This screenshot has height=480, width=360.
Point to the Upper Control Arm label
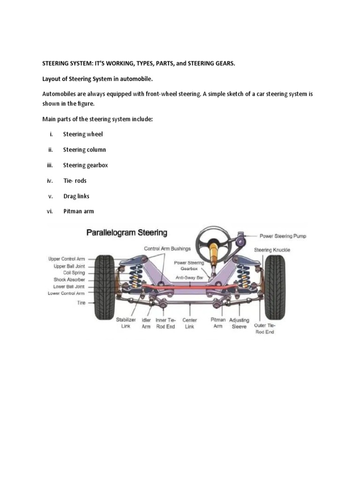click(67, 258)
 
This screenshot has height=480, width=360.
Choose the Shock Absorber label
click(69, 279)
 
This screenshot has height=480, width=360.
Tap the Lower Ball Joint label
click(69, 286)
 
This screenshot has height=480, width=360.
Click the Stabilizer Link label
click(126, 323)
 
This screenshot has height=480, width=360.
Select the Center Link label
click(189, 323)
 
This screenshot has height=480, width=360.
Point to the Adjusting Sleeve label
click(239, 323)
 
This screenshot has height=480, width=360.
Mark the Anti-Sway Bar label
click(188, 277)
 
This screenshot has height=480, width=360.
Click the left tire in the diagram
click(104, 286)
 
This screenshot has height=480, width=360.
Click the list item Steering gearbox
click(85, 165)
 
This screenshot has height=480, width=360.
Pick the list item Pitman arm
click(78, 211)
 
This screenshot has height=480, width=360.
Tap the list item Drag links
click(76, 196)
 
